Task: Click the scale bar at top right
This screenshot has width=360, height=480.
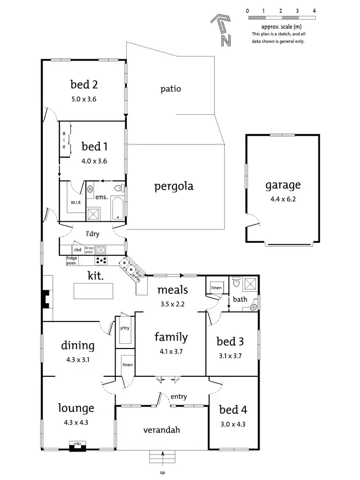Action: [x=281, y=18]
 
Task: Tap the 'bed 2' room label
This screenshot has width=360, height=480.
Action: [x=84, y=85]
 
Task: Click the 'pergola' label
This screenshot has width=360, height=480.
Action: [x=174, y=186]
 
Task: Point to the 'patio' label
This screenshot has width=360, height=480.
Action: [x=170, y=89]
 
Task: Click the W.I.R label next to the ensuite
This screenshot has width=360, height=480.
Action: [x=76, y=202]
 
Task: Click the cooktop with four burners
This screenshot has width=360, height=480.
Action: [x=102, y=261]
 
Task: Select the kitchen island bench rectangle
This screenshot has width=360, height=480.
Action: [x=93, y=291]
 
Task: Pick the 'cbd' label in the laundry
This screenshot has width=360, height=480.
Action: [x=77, y=250]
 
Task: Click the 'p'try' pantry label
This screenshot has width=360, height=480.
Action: [x=125, y=328]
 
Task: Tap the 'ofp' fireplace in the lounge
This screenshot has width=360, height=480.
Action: [x=77, y=444]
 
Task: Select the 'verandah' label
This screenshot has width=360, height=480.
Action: [x=162, y=430]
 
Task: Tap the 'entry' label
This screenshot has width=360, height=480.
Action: [x=179, y=396]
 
